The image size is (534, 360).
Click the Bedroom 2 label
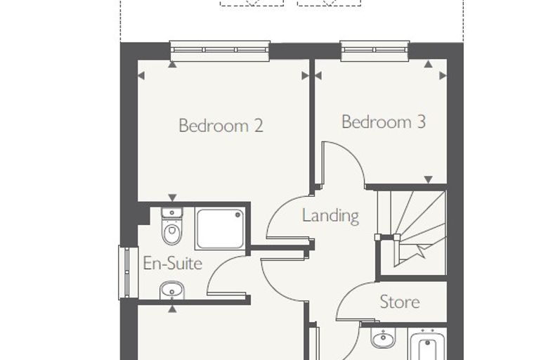pos(221,125)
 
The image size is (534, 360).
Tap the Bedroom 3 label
pos(384,122)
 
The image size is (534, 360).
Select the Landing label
pos(330,216)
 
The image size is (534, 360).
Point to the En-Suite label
pos(173,263)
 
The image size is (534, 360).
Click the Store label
pos(400,302)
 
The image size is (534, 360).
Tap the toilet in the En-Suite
pos(172,226)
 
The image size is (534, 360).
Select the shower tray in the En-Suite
pos(220,229)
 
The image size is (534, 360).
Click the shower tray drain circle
pos(238,214)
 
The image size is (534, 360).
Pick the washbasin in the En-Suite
pos(172,290)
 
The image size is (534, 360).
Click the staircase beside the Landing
pos(412,233)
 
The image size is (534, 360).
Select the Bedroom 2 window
pos(220,51)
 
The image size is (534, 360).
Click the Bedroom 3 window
pos(375,51)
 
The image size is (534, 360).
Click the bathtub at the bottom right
pos(427,345)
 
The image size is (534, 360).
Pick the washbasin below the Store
pos(383,337)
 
